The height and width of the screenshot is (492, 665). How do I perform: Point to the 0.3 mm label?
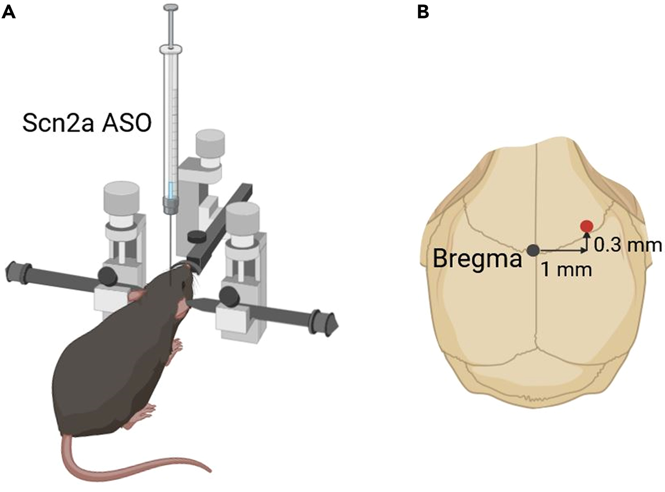(628, 245)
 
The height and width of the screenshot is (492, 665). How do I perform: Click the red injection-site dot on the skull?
(587, 226)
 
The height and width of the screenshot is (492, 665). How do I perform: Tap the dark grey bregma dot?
(533, 250)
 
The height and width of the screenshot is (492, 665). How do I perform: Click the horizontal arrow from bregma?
(562, 251)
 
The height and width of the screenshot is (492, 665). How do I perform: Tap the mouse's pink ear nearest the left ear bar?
(136, 296)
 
